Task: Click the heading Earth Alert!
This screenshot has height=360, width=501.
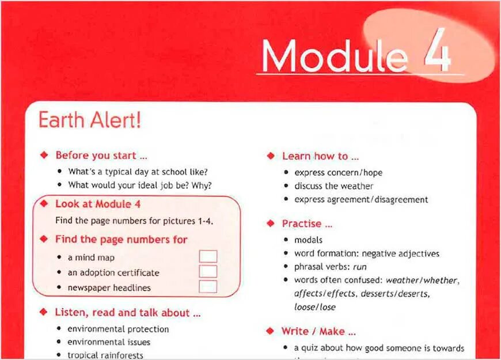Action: (x=89, y=121)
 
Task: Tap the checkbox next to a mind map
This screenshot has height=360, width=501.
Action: (x=207, y=257)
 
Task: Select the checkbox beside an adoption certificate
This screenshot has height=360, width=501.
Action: (x=207, y=272)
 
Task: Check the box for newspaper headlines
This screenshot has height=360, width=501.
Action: (x=207, y=287)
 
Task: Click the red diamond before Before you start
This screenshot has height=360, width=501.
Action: (x=44, y=156)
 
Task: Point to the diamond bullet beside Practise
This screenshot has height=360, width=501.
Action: (x=270, y=223)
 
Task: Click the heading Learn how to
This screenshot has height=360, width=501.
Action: (x=320, y=156)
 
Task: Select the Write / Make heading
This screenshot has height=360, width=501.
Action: (x=318, y=331)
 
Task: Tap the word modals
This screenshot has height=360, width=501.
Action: (x=309, y=240)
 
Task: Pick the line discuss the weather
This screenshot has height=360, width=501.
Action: (x=334, y=186)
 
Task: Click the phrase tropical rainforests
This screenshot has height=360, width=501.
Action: (x=105, y=355)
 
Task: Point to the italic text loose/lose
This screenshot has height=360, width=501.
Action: (x=315, y=307)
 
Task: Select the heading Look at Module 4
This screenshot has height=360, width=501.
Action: (x=98, y=204)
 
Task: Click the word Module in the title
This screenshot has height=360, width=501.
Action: (x=334, y=56)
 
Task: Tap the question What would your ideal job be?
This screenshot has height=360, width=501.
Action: (x=140, y=185)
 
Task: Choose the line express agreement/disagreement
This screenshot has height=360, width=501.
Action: (x=361, y=200)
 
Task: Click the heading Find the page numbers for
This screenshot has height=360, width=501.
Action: (x=122, y=239)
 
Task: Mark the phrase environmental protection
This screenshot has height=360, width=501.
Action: (x=118, y=329)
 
